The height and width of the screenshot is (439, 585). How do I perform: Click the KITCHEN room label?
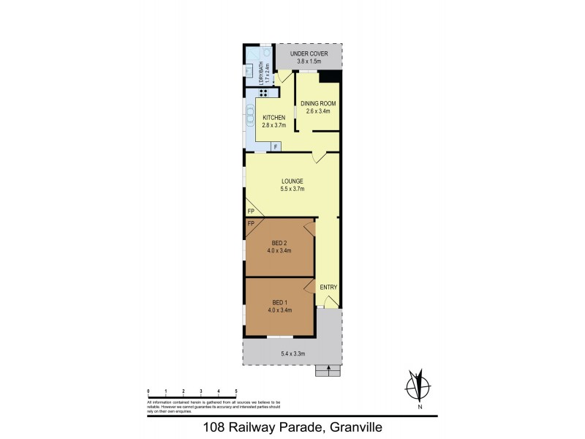click(274, 118)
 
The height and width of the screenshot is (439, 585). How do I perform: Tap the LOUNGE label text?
click(292, 181)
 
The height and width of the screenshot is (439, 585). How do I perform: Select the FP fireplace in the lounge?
click(250, 210)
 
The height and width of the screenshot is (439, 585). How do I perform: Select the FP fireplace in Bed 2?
click(250, 222)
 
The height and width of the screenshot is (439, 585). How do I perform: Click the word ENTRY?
click(329, 287)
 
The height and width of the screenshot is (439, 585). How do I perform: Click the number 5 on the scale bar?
click(236, 392)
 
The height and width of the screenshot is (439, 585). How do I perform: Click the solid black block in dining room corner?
click(333, 76)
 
